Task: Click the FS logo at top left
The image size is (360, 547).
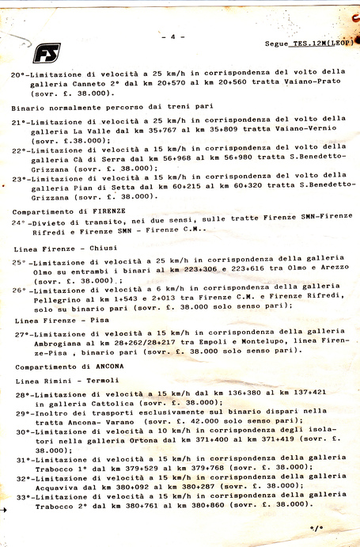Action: pyautogui.click(x=47, y=53)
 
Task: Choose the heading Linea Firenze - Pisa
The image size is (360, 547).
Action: pyautogui.click(x=52, y=320)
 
